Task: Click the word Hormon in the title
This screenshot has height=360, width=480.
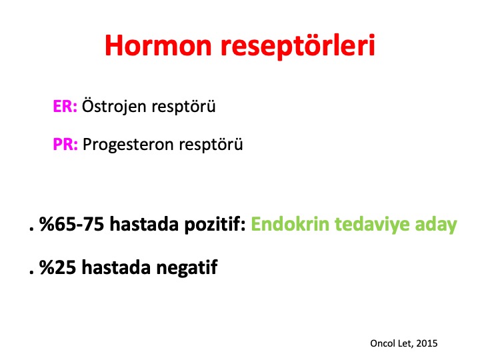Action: (x=158, y=45)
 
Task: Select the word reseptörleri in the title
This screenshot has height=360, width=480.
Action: (x=298, y=46)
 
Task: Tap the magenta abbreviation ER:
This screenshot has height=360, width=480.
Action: (x=65, y=107)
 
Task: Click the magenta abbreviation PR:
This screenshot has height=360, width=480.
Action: (x=65, y=144)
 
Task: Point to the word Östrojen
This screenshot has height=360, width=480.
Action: (x=114, y=106)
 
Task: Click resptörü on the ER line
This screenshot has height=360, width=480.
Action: (x=184, y=107)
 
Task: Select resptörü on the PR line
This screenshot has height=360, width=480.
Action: (x=211, y=145)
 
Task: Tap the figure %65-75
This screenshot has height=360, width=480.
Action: (x=72, y=224)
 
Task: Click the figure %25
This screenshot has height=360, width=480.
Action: (x=57, y=267)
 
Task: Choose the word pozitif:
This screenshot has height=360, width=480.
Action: (x=215, y=225)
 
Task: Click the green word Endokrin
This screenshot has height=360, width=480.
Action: (x=290, y=224)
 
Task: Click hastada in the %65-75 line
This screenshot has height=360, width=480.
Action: (x=144, y=224)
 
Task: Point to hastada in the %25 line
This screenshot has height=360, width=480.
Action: (x=116, y=267)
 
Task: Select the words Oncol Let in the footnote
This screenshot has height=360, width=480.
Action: (x=391, y=343)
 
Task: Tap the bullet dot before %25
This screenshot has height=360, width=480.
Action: (x=31, y=273)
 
